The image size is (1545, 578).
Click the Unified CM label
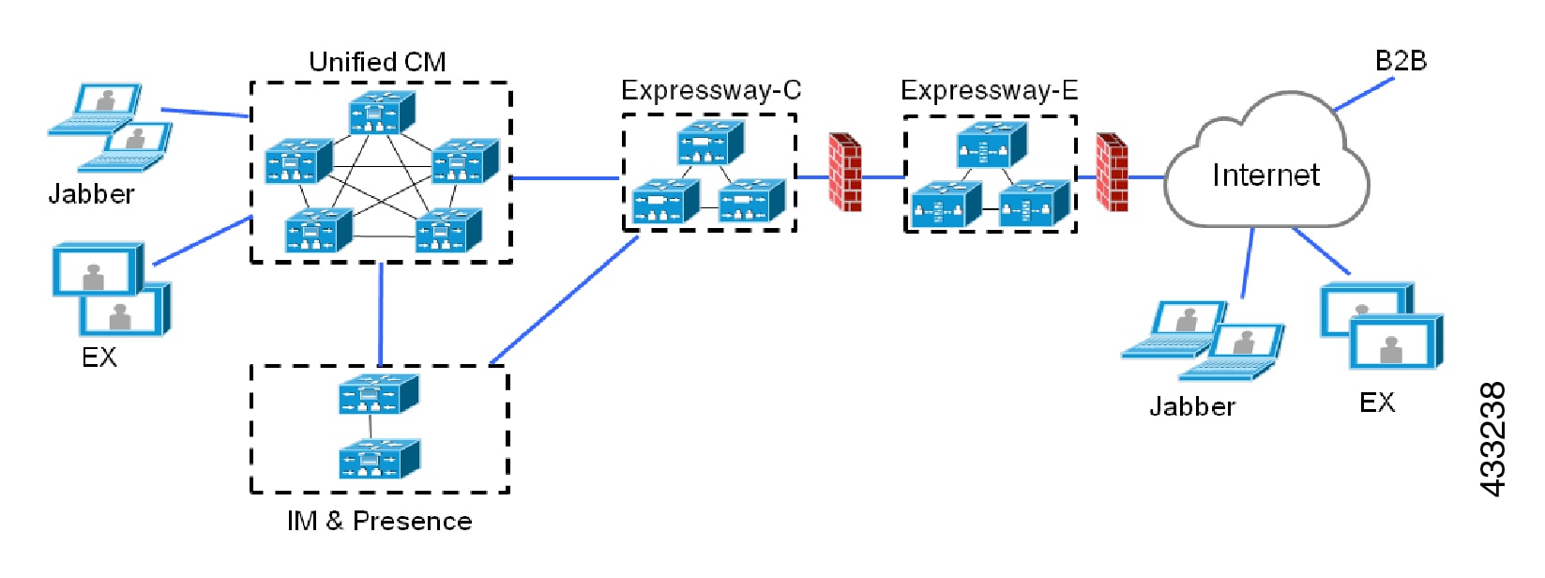coord(377,62)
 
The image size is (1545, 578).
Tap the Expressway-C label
coord(711,90)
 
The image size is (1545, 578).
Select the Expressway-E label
coord(989,90)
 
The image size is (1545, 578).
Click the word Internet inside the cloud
coord(1265,175)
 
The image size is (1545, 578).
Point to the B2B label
coord(1401,61)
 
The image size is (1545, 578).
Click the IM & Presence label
coord(379,522)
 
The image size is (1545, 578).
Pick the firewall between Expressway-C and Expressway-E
coord(844,172)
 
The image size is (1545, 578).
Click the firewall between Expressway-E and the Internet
coord(1112,172)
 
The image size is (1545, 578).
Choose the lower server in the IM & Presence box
coord(379,459)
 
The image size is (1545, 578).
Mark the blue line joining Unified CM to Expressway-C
coord(566,177)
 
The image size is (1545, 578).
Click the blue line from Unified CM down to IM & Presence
coord(381,314)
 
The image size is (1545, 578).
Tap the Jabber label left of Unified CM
coord(91,194)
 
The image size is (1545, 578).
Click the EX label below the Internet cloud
coord(1377,403)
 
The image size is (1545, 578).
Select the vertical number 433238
coord(1492,438)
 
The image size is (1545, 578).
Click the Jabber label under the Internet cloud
coord(1192,406)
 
